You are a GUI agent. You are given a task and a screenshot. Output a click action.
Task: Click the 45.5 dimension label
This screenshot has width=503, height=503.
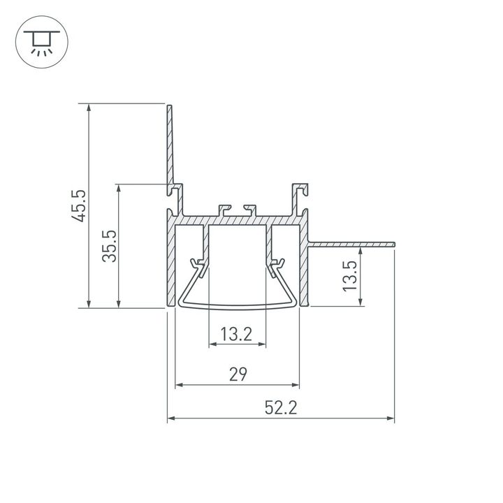coord(79,206)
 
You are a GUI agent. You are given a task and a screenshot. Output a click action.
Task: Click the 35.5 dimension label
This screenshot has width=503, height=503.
coord(110,246)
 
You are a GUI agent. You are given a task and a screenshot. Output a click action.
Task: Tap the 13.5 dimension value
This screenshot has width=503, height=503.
coord(350,276)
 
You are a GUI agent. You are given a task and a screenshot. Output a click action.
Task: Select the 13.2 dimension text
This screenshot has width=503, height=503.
coord(236,334)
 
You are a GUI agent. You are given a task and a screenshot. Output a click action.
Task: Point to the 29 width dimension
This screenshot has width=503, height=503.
coord(238,374)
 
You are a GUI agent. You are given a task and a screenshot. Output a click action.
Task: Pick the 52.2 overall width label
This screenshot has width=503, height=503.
coord(281,408)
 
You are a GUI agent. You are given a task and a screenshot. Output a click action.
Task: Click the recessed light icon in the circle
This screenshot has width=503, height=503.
coord(42,43)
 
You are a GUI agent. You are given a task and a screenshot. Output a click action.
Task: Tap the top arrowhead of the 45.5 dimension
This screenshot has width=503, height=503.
coord(89,108)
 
